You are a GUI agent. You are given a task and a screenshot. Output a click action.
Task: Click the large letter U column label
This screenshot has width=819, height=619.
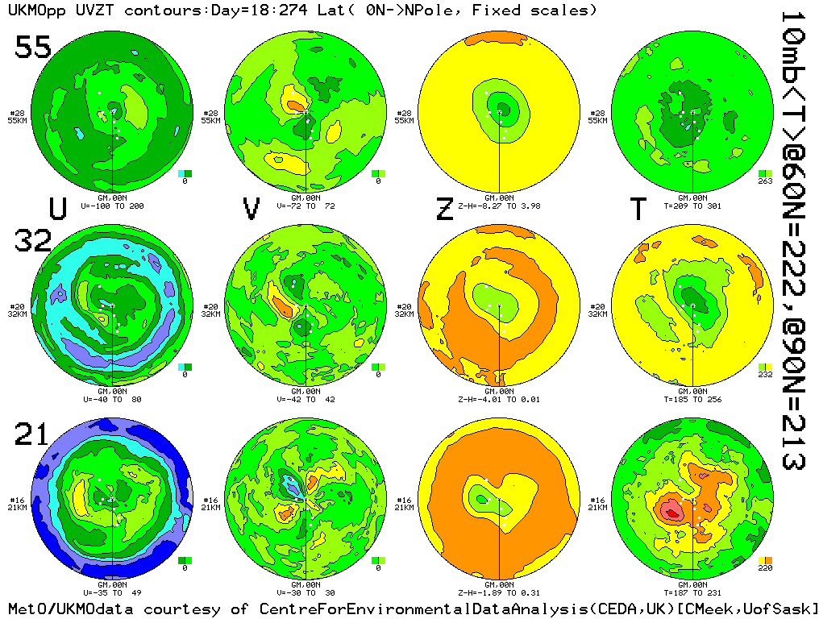(x=58, y=209)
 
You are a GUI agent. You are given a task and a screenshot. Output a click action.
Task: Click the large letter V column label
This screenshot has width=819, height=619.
(x=252, y=209)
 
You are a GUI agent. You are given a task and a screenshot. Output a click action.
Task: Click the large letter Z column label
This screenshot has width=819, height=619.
(x=444, y=209)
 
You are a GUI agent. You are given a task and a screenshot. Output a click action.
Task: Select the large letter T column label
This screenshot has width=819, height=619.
(x=638, y=209)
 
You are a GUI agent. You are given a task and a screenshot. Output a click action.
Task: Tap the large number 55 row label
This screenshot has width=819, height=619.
(x=33, y=48)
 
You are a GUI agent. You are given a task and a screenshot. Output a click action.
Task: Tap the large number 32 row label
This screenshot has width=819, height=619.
(x=33, y=241)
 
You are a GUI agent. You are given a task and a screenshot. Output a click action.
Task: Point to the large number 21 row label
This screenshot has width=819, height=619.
(x=32, y=435)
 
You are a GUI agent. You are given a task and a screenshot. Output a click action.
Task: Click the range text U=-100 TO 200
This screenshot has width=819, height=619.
(x=111, y=206)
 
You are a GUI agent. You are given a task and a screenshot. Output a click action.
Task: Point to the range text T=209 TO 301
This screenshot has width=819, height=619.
(x=693, y=206)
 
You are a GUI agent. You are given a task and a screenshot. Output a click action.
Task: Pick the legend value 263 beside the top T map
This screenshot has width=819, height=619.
(x=766, y=181)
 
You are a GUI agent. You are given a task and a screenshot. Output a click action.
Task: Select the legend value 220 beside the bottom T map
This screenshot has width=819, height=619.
(x=766, y=568)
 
